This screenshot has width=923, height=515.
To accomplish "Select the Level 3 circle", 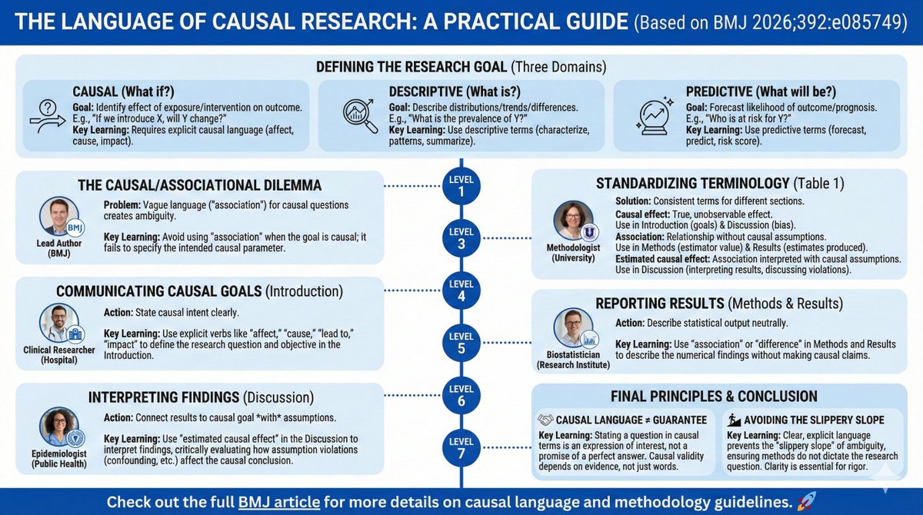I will (x=461, y=238).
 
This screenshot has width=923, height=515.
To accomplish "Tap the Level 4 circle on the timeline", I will (x=461, y=291).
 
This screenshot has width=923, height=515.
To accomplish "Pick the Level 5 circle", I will (x=461, y=343).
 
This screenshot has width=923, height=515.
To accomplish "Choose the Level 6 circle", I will (x=461, y=395).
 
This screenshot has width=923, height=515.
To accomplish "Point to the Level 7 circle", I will (x=461, y=447).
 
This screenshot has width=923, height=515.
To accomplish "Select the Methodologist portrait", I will (x=573, y=220).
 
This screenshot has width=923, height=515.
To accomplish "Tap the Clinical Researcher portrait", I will (x=59, y=323).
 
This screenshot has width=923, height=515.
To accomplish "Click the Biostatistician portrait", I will (x=573, y=327).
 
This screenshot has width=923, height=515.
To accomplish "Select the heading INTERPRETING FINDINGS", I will (x=164, y=397).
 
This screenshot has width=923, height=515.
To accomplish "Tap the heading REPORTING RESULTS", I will (x=660, y=303).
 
